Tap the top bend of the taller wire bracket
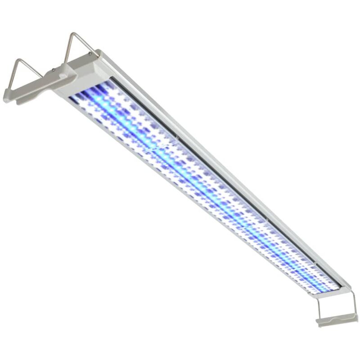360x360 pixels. (x=73, y=34)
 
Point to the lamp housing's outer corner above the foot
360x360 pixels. (x=349, y=284)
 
